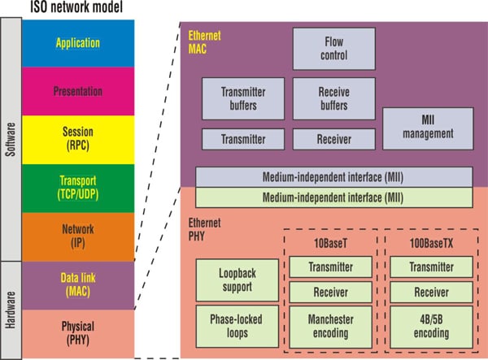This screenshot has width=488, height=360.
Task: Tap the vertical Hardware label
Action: click(11, 309)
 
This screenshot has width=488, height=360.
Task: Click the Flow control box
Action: click(334, 48)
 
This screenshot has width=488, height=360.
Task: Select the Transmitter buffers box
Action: click(243, 98)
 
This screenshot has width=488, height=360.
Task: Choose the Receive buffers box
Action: click(333, 98)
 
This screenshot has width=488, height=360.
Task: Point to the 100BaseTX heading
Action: click(431, 243)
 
